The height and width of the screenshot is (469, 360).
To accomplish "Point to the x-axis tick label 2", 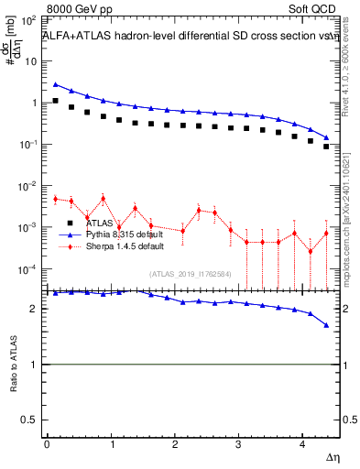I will pos(175,444).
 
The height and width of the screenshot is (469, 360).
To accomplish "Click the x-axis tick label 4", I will pos(303,444).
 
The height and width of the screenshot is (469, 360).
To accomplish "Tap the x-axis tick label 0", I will pos(47,444).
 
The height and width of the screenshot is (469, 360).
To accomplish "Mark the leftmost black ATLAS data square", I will pos(56,101).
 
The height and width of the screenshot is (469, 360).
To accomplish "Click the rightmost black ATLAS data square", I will pos(326,146).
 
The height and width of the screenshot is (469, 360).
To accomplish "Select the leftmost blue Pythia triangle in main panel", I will pos(56,84).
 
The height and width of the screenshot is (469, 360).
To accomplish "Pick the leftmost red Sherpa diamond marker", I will pos(56,199).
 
